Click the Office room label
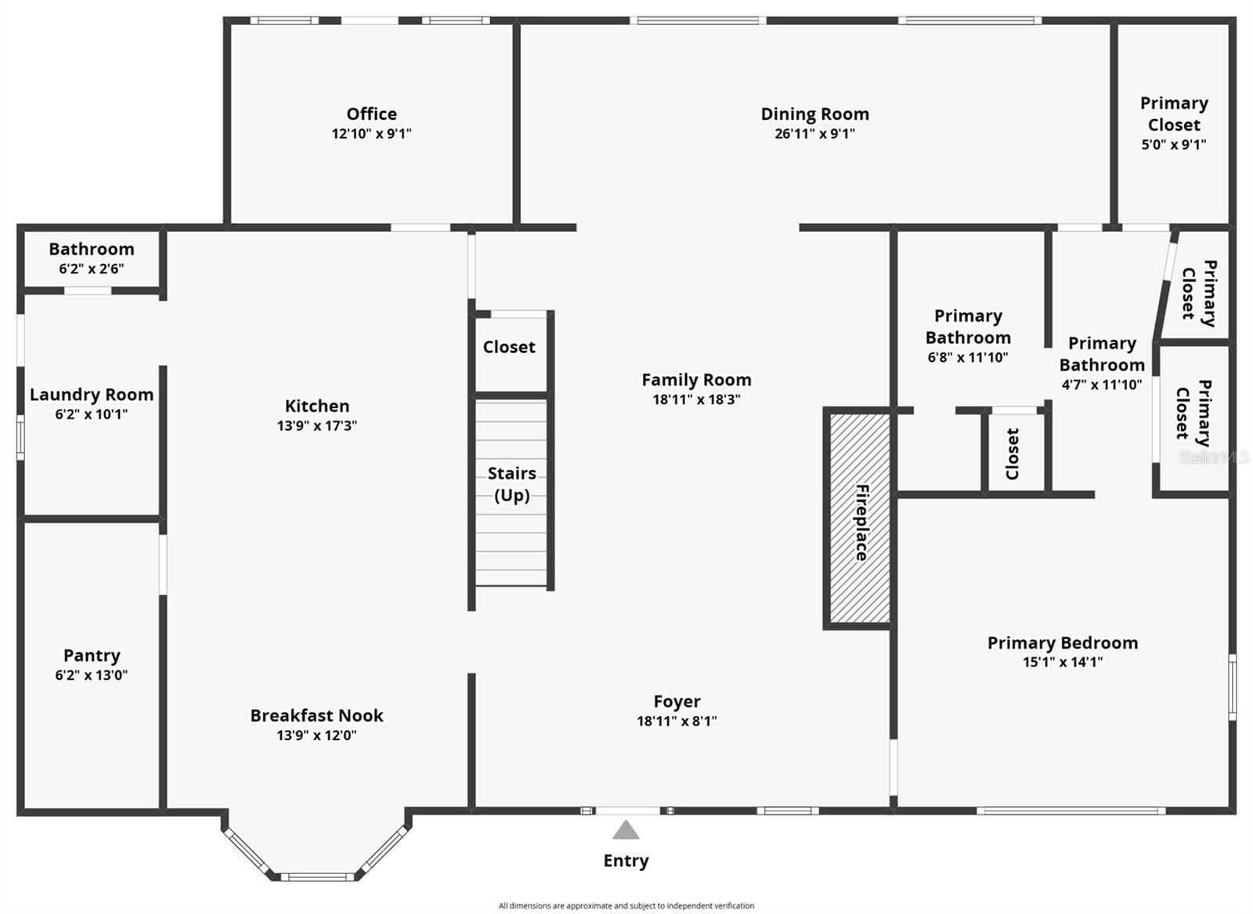point(371,114)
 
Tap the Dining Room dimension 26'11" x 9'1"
point(814,134)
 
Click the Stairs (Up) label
point(511,484)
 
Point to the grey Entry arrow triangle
point(625,830)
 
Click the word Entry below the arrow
point(625,861)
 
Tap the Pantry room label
point(92,656)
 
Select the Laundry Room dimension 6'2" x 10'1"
point(91,414)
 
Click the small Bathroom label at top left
point(91,249)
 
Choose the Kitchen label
point(316,406)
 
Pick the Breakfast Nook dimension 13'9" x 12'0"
point(316,735)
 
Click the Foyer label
point(677,702)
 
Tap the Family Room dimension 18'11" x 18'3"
point(696,399)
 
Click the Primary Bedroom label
point(1062,643)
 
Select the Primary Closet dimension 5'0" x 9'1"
point(1173,145)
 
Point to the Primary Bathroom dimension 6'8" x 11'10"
point(967,358)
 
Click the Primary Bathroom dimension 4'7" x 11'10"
point(1101,385)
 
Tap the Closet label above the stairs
point(508,347)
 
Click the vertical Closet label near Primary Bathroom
point(1012,453)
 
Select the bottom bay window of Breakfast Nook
point(317,877)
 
